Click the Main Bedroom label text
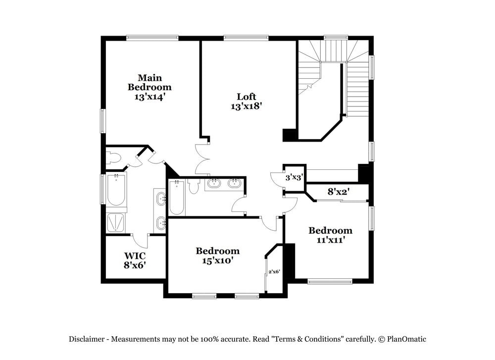(x=149, y=82)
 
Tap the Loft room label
(x=246, y=96)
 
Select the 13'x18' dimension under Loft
(x=246, y=105)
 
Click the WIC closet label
(x=134, y=256)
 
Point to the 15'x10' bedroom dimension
(x=218, y=260)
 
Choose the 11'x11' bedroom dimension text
(x=330, y=240)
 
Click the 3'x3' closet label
(x=294, y=177)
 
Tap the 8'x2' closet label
(x=339, y=191)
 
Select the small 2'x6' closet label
(x=274, y=271)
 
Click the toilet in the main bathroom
(x=114, y=158)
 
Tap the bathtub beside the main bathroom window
(x=116, y=191)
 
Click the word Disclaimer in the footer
(x=86, y=339)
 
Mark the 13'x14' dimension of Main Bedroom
(x=149, y=97)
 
